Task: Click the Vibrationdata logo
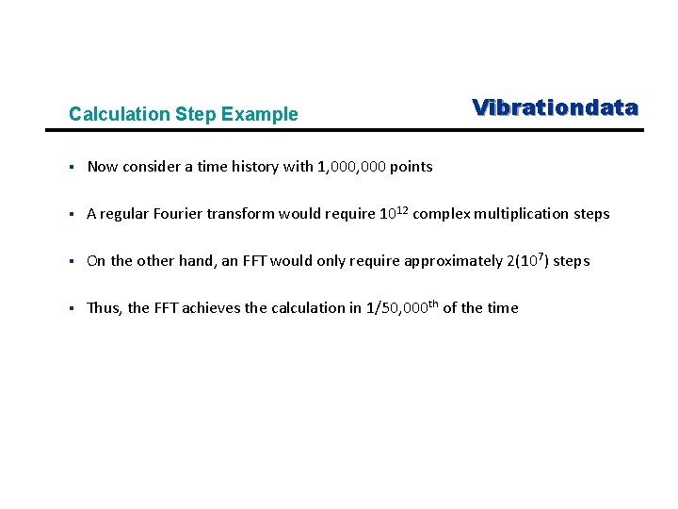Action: pyautogui.click(x=555, y=107)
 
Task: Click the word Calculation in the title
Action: pyautogui.click(x=119, y=115)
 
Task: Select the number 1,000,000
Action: pyautogui.click(x=351, y=167)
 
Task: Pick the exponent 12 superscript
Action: pyautogui.click(x=401, y=209)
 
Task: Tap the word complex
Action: pyautogui.click(x=442, y=214)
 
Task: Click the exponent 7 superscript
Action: pyautogui.click(x=538, y=256)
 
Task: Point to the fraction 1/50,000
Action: pyautogui.click(x=401, y=308)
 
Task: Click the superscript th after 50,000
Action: pyautogui.click(x=431, y=304)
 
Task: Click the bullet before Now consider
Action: pyautogui.click(x=72, y=167)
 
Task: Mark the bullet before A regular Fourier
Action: pyautogui.click(x=72, y=214)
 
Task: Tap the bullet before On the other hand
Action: pyautogui.click(x=72, y=261)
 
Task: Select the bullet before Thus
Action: pyautogui.click(x=72, y=308)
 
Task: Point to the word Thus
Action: pyautogui.click(x=104, y=308)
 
